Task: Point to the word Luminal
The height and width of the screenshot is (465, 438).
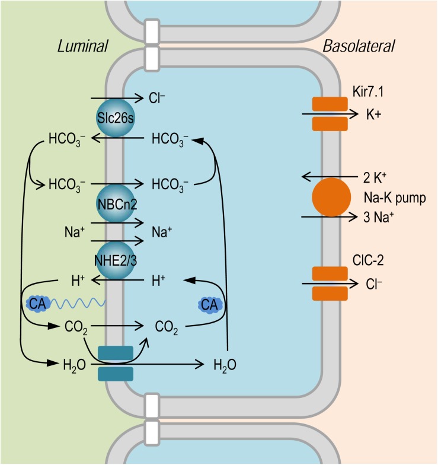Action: [x=81, y=46]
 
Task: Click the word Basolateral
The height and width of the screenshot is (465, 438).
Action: [x=359, y=46]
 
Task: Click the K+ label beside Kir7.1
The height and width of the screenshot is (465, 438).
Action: [x=373, y=115]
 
